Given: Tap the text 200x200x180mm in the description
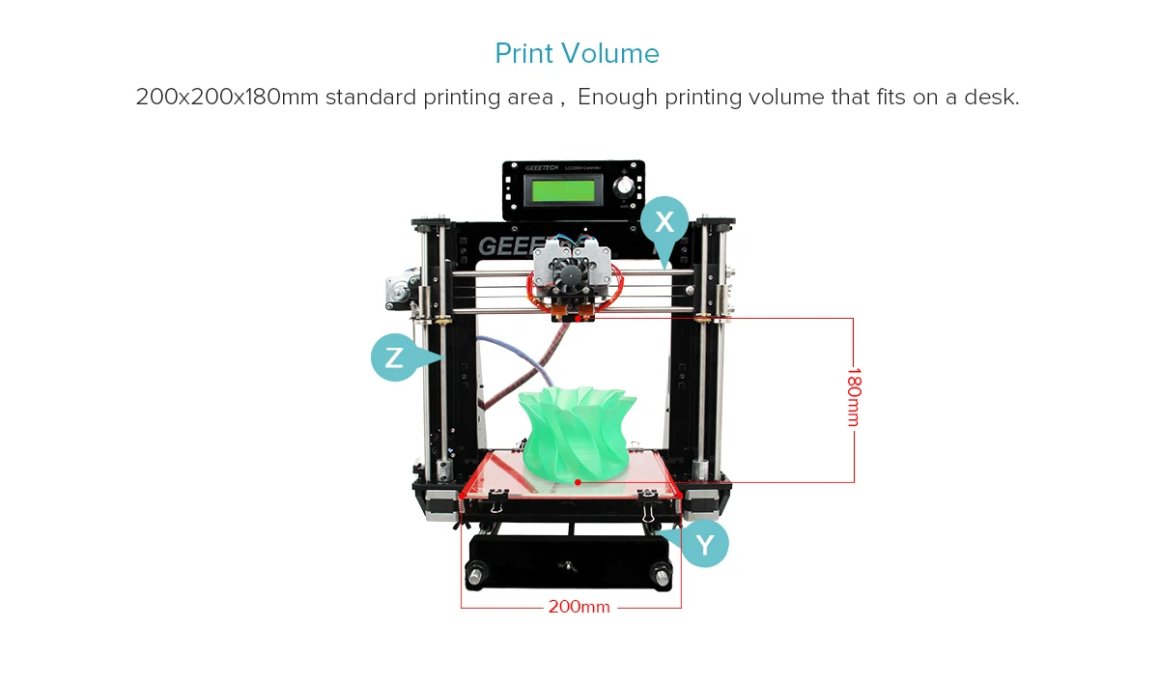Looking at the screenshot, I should (x=227, y=98).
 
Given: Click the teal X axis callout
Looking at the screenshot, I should (x=664, y=222).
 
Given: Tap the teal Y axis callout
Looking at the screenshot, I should (x=706, y=545).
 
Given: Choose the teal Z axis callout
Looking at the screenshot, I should (x=394, y=357).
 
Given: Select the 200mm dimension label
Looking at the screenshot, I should (x=579, y=607).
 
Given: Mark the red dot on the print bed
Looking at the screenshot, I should (x=578, y=481).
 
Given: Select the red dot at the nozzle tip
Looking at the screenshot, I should (x=579, y=317).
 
